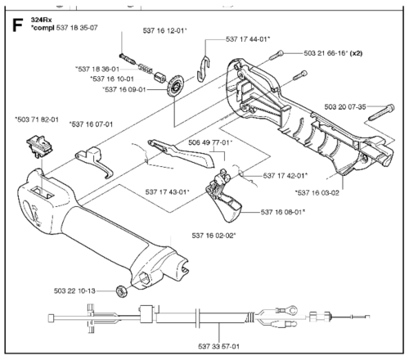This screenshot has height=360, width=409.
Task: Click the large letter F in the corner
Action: point(17,25)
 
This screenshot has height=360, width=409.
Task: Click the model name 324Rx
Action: point(41,20)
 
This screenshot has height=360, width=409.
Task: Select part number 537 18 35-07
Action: point(77,28)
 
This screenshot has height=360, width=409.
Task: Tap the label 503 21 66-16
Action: point(326,53)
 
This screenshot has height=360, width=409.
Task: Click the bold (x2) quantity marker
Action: point(357,53)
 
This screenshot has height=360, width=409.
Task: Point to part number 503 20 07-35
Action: point(345,107)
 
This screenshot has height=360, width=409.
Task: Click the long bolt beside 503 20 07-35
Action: point(381,112)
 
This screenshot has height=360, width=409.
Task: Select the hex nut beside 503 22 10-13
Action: point(121,291)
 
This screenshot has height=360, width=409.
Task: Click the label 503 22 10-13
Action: point(74,291)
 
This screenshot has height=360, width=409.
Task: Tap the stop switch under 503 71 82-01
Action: point(39,146)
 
